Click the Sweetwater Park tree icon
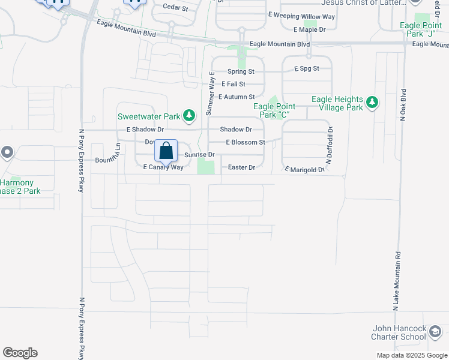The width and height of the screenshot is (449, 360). click(189, 115)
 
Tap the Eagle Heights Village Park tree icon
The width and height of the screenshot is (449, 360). click(372, 103)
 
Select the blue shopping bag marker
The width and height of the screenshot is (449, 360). click(166, 151)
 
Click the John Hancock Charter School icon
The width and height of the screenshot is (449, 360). click(435, 332)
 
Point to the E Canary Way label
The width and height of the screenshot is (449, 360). click(163, 167)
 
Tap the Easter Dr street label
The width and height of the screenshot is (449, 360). click(242, 167)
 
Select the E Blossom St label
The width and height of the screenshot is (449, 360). click(245, 142)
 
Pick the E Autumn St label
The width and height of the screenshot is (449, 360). click(237, 97)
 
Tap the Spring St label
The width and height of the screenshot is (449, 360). click(241, 71)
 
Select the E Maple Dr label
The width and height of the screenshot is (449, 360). click(310, 29)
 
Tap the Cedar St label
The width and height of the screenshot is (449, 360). click(175, 8)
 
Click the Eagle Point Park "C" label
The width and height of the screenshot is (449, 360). click(276, 110)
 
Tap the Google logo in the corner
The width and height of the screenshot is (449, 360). click(20, 353)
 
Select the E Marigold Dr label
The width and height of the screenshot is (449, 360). click(304, 170)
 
